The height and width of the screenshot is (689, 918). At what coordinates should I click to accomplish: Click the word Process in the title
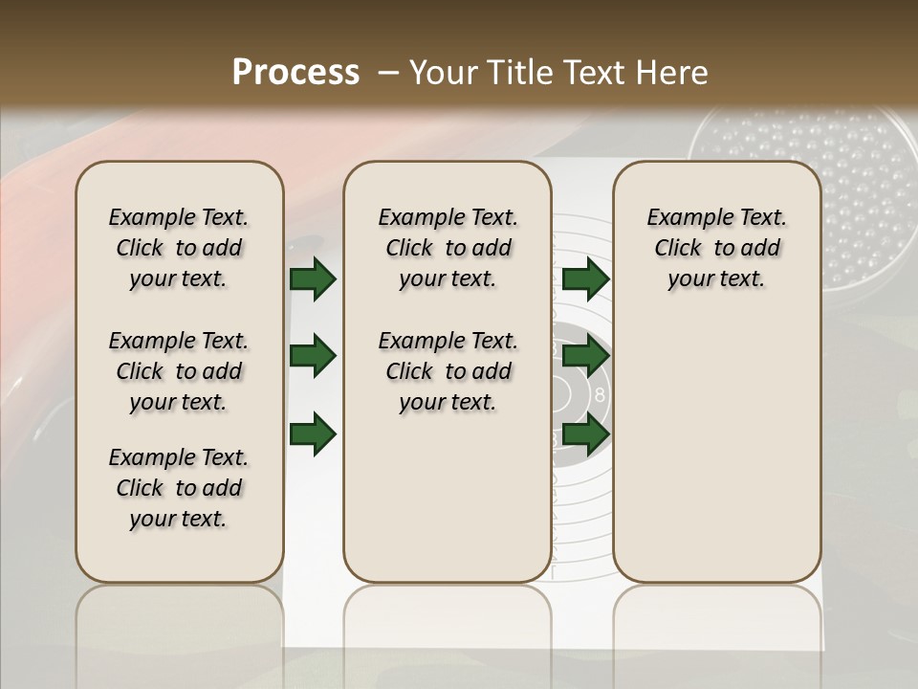295,73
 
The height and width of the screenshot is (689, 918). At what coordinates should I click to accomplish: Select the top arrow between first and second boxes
313,278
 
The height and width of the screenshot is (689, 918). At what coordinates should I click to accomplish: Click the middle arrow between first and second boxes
313,356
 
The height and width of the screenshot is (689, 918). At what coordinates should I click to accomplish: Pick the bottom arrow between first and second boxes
313,433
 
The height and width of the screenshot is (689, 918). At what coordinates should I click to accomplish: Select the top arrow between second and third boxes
585,278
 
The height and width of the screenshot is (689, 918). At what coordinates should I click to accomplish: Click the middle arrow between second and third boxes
585,356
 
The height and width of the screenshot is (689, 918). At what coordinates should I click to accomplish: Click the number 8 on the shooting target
600,394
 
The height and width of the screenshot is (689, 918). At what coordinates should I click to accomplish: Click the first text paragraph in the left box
178,248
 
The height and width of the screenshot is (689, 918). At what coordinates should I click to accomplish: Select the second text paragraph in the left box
178,371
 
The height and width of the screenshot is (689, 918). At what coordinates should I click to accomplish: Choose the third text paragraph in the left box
178,488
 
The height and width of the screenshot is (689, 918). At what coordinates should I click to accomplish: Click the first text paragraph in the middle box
448,248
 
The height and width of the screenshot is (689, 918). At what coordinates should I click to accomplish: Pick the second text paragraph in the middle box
448,371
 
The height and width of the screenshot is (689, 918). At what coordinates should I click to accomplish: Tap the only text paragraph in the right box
716,248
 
